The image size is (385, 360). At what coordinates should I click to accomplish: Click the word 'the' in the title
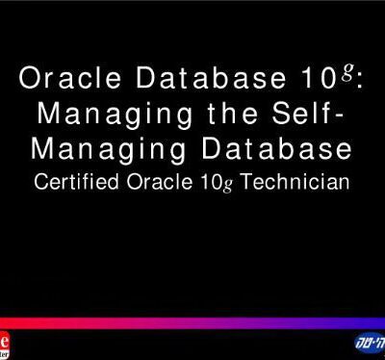[x=230, y=116]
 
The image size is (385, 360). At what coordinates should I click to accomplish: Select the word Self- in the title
[x=308, y=116]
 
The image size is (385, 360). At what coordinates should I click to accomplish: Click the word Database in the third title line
[x=276, y=151]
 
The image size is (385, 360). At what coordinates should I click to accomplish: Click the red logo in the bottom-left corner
[x=7, y=345]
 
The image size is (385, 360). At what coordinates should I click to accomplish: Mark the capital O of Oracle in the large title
[x=28, y=81]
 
